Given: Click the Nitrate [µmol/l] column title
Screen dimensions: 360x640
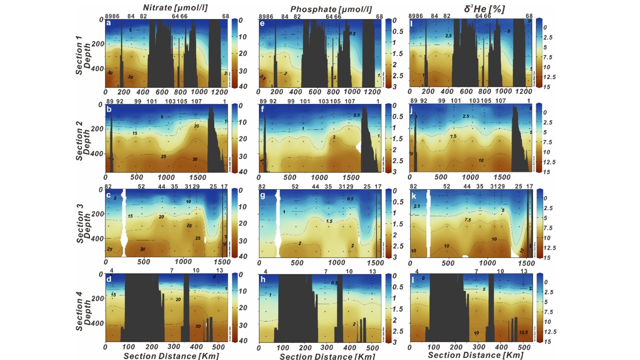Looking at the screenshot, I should tap(175, 8).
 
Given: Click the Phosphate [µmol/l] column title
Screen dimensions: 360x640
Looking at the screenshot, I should tap(331, 9).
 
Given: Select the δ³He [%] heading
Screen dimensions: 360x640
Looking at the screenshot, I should tap(484, 9).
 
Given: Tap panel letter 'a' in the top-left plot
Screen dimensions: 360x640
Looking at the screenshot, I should tap(109, 23).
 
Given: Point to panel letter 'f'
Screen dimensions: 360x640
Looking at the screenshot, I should tap(262, 110).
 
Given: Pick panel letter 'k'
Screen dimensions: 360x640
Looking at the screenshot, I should tap(414, 196).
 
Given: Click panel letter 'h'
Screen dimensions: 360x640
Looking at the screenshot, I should tap(263, 280).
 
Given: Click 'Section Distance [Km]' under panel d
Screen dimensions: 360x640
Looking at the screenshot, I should tap(171, 356).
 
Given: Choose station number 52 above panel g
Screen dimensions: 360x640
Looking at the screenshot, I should tap(295, 186).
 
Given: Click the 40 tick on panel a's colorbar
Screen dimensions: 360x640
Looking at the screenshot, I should tap(243, 86).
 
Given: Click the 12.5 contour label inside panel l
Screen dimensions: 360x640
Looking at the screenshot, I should tap(523, 332).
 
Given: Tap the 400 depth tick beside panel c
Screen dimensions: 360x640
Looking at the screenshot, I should tap(98, 239).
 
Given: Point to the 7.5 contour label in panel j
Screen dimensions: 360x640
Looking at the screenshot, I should tap(453, 136).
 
